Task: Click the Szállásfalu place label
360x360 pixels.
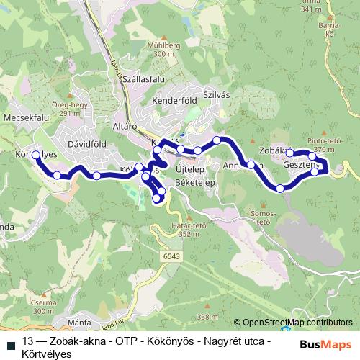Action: click(x=143, y=78)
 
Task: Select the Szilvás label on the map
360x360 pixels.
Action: click(x=215, y=94)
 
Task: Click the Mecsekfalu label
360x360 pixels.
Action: click(x=25, y=117)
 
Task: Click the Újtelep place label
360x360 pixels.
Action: click(x=189, y=168)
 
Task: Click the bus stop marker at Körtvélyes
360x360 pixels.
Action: click(x=36, y=154)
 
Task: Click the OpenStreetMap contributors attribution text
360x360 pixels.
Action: click(x=297, y=322)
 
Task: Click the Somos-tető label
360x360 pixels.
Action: click(x=258, y=217)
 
